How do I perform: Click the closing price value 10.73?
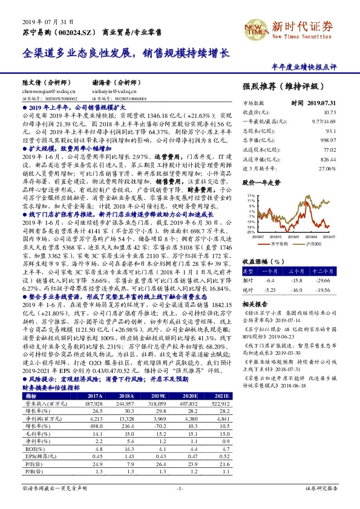329,112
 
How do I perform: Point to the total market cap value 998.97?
327,139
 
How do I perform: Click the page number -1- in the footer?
180,487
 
